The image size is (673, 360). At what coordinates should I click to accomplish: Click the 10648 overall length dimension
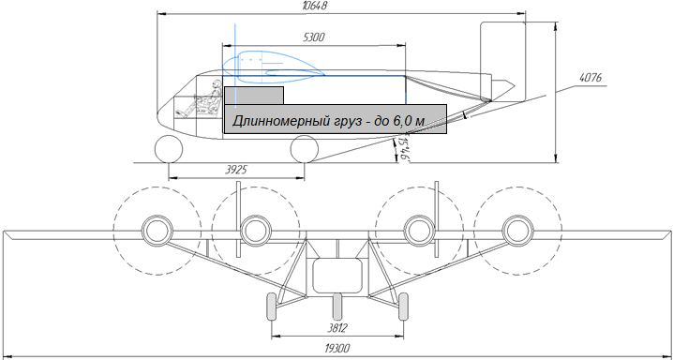(316, 6)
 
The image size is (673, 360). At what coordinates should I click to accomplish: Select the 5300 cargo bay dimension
(314, 37)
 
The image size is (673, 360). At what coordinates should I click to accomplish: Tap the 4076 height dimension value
(591, 78)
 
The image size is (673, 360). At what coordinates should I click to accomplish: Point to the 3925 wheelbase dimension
(236, 170)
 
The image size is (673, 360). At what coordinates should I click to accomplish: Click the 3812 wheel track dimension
(336, 328)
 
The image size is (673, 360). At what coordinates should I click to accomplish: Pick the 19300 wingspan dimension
(337, 348)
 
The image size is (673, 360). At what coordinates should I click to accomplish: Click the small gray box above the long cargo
(254, 96)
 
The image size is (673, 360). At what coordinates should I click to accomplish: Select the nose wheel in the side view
(169, 149)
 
